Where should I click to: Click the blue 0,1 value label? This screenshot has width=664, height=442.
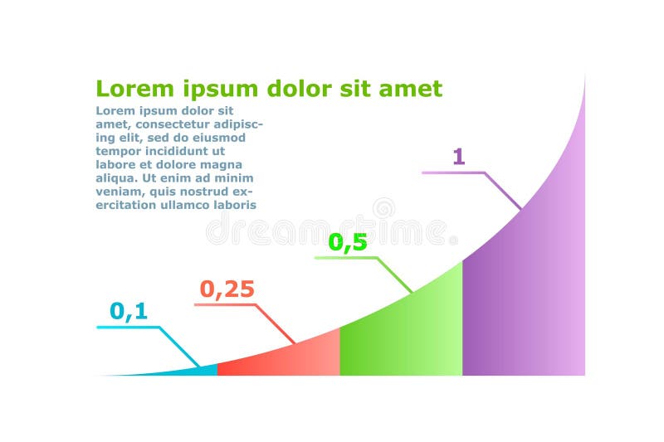(x=129, y=312)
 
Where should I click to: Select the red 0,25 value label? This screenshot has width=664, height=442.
(x=227, y=289)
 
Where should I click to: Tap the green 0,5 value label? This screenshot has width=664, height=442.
(x=348, y=243)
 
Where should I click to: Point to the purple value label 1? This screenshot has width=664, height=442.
(x=457, y=157)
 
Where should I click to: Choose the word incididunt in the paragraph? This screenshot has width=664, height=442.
(x=176, y=151)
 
